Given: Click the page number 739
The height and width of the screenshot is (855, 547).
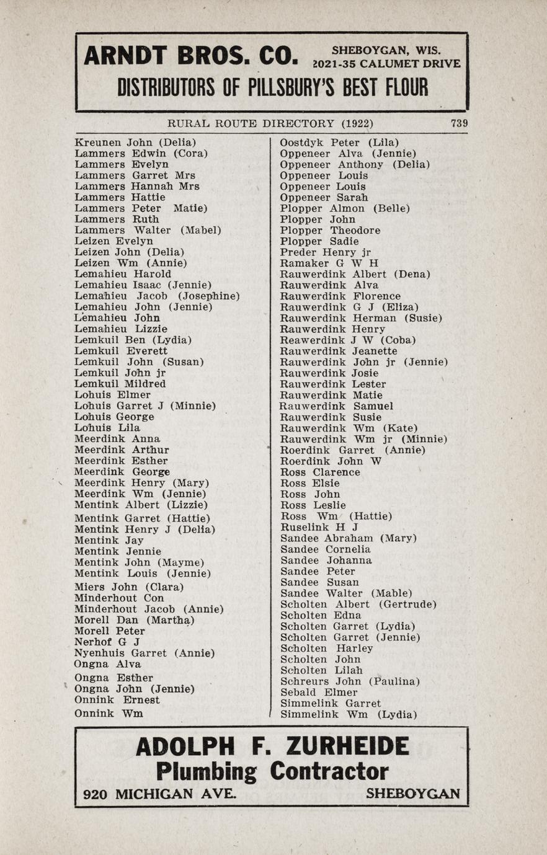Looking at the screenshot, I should tap(459, 123).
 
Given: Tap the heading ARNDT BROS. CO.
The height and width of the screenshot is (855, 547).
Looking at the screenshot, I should tap(191, 56).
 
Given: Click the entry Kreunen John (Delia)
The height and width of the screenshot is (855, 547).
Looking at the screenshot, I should tap(135, 143).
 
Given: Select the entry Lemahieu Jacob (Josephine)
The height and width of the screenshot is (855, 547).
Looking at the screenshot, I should tap(157, 296).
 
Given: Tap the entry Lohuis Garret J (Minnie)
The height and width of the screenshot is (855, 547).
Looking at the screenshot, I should tap(145, 406).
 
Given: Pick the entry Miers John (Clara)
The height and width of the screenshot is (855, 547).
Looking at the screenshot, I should tap(129, 587).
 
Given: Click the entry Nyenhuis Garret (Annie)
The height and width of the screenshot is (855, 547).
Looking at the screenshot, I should tap(145, 653).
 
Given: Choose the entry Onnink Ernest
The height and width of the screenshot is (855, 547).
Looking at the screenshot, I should tap(117, 700).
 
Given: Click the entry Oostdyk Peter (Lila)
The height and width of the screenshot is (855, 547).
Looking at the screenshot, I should tap(339, 143).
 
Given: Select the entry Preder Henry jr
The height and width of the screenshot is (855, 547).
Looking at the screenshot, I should tap(325, 252).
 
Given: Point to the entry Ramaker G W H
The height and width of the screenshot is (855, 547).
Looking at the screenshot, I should tap(329, 263).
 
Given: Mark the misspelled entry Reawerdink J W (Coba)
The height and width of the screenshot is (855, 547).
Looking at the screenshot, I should tap(347, 340).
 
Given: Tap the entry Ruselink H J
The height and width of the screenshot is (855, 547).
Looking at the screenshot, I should tap(319, 527).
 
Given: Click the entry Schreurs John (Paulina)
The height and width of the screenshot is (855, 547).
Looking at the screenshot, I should tap(350, 681).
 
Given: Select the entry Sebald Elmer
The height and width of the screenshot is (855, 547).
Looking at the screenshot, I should tap(319, 692).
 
